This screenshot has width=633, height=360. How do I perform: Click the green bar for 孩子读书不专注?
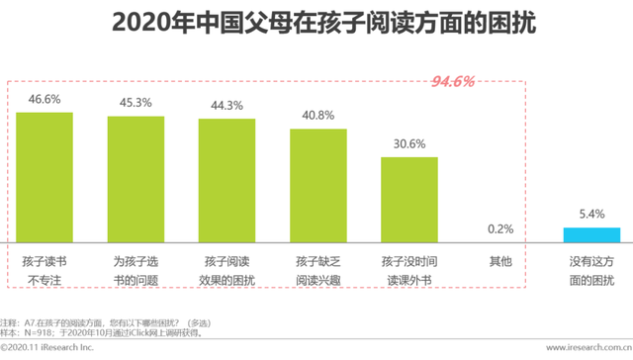45,176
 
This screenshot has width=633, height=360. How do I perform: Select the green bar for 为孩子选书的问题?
136,178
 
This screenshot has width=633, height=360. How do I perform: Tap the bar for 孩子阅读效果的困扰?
226,180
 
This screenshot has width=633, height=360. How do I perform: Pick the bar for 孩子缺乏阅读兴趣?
317,184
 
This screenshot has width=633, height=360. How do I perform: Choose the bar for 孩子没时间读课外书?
408,199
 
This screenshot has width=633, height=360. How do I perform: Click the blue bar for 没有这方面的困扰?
591,234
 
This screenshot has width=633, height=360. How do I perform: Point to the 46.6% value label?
45,101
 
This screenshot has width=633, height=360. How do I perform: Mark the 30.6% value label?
408,144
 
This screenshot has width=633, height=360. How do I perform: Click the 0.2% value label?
499,228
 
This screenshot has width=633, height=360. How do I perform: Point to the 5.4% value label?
591,215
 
